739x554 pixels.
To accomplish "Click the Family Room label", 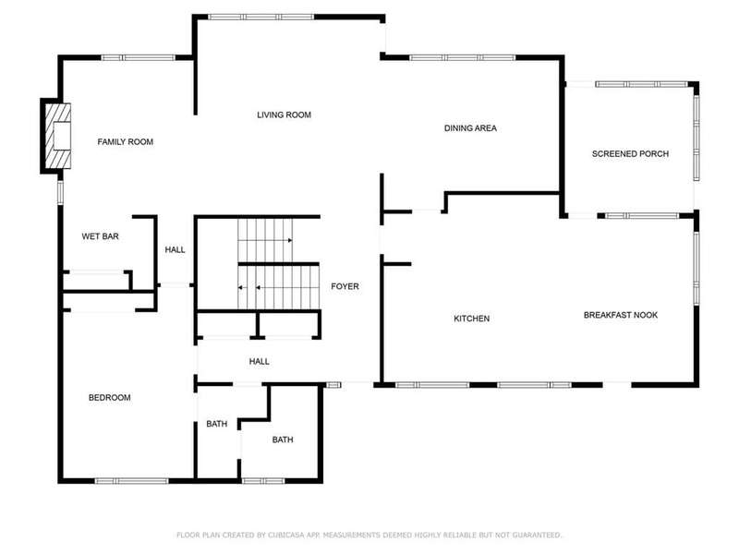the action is tap(126, 142).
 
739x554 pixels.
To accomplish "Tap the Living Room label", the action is tap(285, 114).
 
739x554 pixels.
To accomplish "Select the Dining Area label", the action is tap(470, 128).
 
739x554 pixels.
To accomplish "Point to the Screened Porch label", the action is tap(630, 153).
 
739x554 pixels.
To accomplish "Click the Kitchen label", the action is tap(471, 319).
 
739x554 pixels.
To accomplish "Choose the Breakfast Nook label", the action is tap(620, 315).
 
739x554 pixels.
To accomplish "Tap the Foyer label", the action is tap(345, 286).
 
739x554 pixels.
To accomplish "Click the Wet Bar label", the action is tap(100, 236).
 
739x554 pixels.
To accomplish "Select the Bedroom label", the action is tap(109, 398).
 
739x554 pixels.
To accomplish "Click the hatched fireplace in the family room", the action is tap(58, 136).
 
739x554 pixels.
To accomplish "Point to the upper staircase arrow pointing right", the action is tap(265, 240).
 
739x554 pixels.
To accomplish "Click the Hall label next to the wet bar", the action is tap(175, 249).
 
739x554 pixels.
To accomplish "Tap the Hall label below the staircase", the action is tap(260, 361).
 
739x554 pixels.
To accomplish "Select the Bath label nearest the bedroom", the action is tap(217, 424).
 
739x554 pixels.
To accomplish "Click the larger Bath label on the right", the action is tap(283, 440).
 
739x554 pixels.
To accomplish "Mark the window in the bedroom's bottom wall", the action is tap(132, 481).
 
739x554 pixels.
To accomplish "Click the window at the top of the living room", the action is tap(261, 17).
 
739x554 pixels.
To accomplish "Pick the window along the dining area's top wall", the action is tap(463, 58).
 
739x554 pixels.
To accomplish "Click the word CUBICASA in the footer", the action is tap(285, 535).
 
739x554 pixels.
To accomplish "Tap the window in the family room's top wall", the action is tap(138, 58).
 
